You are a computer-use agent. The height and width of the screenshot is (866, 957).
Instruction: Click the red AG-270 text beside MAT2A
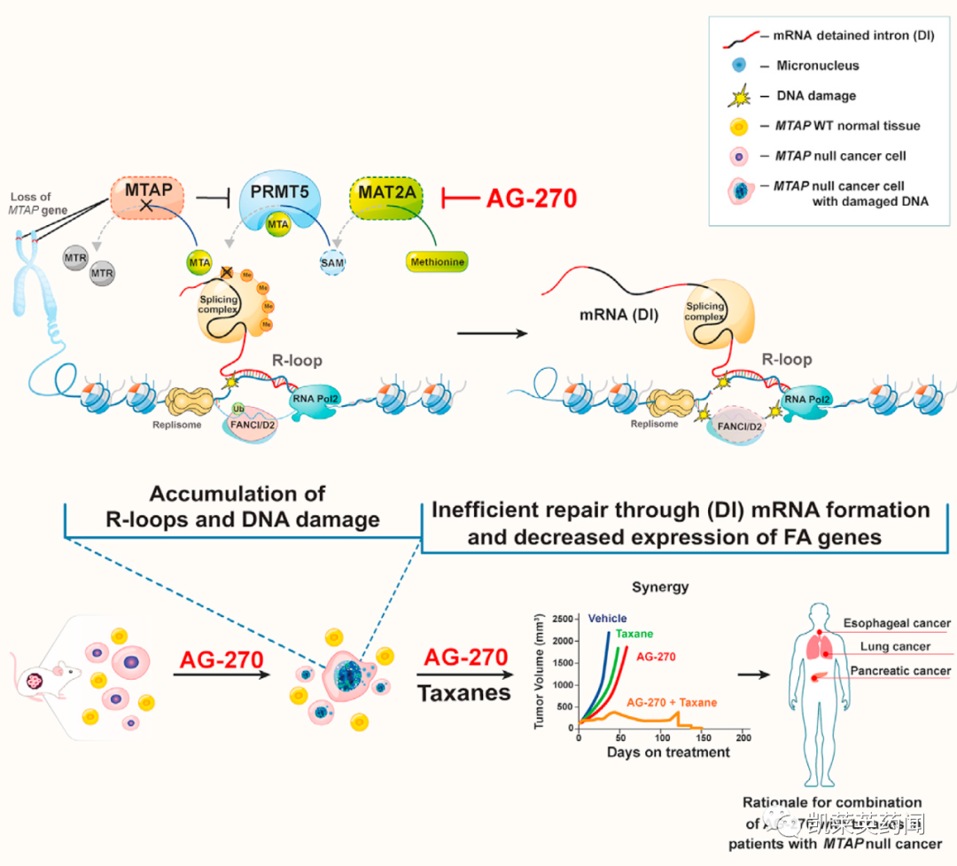tap(532, 198)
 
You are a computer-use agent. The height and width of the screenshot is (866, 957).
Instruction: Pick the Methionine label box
tap(436, 261)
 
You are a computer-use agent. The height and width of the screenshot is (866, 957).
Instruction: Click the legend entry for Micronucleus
tap(817, 65)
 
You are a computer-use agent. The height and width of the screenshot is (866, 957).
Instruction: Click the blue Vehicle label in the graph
tap(607, 618)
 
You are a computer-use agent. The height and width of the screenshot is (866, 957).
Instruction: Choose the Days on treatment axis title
tap(668, 753)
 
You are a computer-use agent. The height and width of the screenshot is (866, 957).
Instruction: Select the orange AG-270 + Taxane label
tap(671, 702)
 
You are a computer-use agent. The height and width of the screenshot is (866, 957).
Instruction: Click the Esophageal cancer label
tap(896, 624)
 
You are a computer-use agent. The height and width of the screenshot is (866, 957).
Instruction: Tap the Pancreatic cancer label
tap(900, 671)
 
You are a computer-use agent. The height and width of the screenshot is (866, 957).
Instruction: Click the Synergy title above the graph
tap(659, 587)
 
